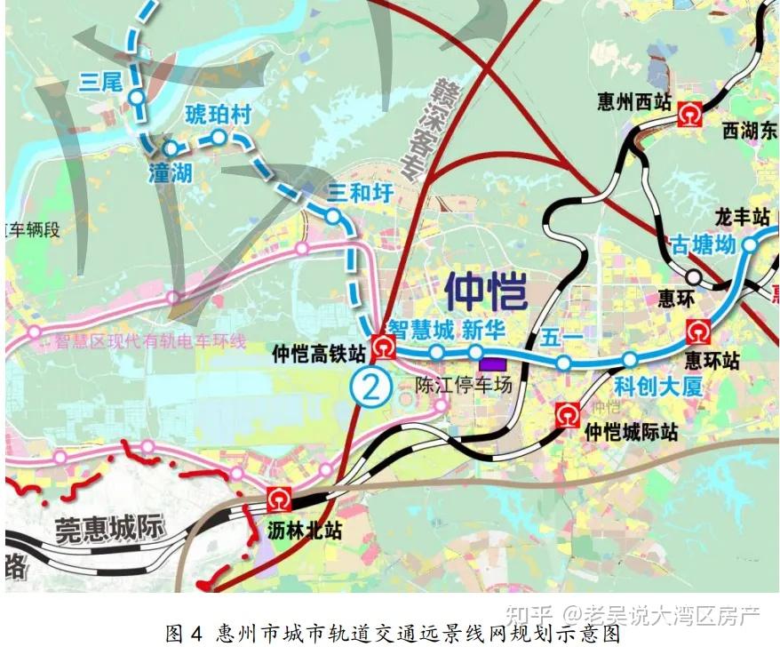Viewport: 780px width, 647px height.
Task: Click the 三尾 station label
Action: [99, 82]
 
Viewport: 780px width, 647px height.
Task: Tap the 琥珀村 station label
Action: [219, 115]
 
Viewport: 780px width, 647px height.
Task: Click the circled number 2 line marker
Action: [370, 385]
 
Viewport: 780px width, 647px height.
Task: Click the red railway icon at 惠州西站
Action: [690, 114]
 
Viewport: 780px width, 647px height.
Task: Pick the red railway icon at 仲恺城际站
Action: [567, 413]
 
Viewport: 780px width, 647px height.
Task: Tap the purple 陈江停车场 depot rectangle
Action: [491, 363]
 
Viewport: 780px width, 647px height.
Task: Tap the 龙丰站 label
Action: [742, 216]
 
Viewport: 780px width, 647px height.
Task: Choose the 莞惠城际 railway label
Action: [110, 530]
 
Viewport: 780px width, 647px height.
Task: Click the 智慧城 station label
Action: [421, 331]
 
